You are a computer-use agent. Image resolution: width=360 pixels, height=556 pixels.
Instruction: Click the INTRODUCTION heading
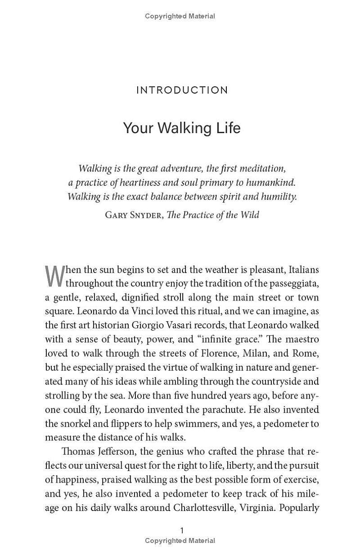pos(182,90)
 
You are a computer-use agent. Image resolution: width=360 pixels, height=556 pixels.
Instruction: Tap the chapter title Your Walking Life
pos(182,128)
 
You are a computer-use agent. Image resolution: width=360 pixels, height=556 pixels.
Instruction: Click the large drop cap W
pos(54,276)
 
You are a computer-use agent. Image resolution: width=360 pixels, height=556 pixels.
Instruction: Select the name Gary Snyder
pos(134,215)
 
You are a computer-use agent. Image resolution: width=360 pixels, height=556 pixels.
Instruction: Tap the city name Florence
pos(202,353)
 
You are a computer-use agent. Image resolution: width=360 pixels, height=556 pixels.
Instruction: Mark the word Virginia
pos(256,508)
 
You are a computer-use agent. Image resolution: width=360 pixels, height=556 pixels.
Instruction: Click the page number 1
pos(182,530)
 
